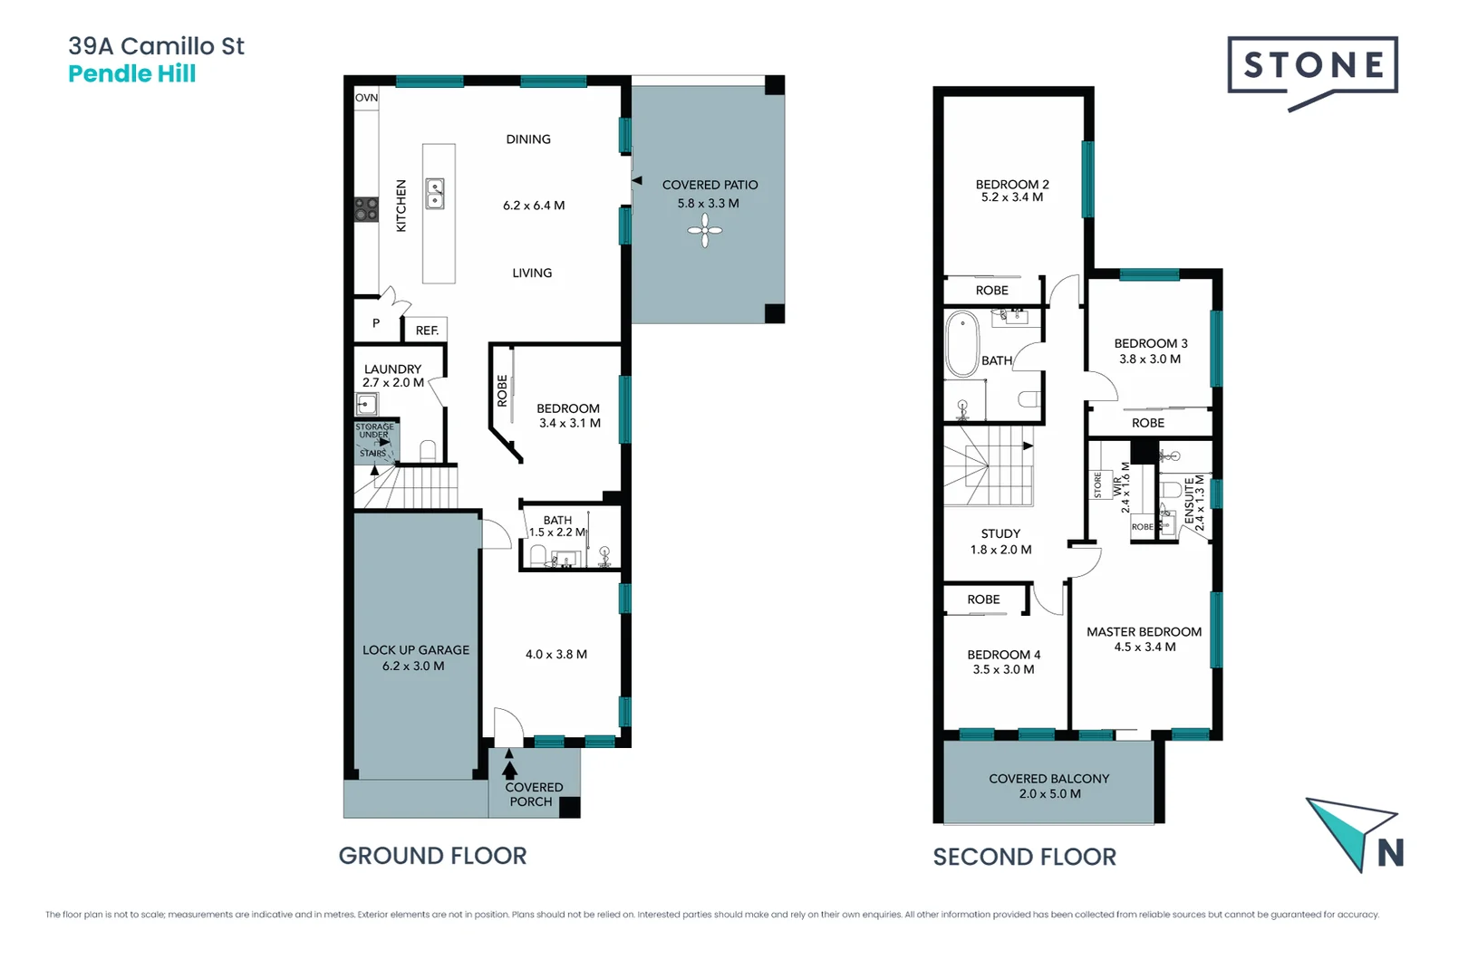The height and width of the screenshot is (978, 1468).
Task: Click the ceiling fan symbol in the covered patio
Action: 704,231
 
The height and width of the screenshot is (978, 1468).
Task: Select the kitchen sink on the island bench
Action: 435,194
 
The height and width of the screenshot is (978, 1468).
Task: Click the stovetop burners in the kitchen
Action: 366,209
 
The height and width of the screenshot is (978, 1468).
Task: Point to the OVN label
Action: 366,98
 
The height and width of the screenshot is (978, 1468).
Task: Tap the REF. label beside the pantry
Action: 427,331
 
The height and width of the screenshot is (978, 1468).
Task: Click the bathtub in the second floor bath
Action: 961,344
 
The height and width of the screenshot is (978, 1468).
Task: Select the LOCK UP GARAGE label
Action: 416,650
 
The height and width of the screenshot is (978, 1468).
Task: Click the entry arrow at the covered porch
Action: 509,767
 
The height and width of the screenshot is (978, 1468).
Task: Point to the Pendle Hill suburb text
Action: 132,74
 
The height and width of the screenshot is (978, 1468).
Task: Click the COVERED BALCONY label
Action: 1048,779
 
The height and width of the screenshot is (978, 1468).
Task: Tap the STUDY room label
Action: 1000,534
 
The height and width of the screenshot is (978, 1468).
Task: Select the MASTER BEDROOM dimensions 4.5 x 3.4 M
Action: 1144,647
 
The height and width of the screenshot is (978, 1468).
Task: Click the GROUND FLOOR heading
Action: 432,856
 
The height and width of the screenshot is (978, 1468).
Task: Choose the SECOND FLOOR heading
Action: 1024,857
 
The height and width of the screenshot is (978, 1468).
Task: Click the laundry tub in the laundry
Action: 367,404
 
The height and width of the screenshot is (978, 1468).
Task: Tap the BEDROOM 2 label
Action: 1012,184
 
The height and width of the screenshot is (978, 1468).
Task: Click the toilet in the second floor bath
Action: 1029,398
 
